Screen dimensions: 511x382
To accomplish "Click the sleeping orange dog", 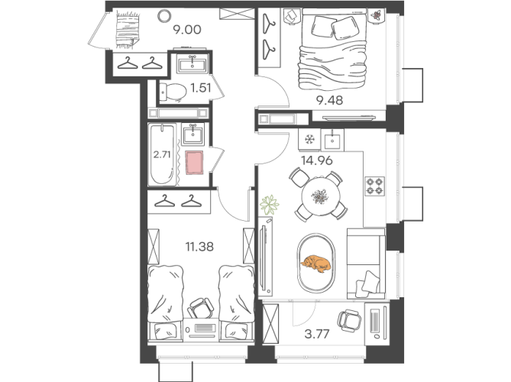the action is pyautogui.click(x=315, y=264).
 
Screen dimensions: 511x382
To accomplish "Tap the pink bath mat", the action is pyautogui.click(x=194, y=162).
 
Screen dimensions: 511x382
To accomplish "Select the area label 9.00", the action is pyautogui.click(x=187, y=30).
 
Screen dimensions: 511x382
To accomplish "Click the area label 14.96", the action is pyautogui.click(x=317, y=160).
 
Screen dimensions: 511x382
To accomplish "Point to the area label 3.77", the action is pyautogui.click(x=317, y=334).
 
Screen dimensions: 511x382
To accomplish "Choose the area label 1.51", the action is pyautogui.click(x=201, y=88).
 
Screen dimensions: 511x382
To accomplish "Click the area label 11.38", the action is pyautogui.click(x=199, y=247).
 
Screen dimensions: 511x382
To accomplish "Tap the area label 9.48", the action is pyautogui.click(x=330, y=100).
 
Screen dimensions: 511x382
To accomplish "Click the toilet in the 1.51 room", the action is pyautogui.click(x=173, y=92).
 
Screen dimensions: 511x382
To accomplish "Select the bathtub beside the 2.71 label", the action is pyautogui.click(x=163, y=154).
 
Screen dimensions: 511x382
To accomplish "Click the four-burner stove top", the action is pyautogui.click(x=375, y=186).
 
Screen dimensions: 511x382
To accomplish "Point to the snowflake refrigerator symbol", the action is pyautogui.click(x=309, y=140).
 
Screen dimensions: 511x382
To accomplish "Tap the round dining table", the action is pyautogui.click(x=321, y=196).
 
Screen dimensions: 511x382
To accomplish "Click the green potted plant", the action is pyautogui.click(x=269, y=205).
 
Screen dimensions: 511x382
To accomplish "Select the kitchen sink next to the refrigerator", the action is pyautogui.click(x=332, y=140).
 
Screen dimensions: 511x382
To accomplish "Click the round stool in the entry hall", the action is pyautogui.click(x=163, y=15).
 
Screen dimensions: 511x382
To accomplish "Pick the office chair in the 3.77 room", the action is pyautogui.click(x=349, y=320).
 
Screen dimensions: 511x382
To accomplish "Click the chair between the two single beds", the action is pyautogui.click(x=200, y=308).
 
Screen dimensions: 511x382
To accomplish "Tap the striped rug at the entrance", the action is pyautogui.click(x=128, y=29).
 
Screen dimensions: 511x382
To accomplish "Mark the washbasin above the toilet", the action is pyautogui.click(x=192, y=63).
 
